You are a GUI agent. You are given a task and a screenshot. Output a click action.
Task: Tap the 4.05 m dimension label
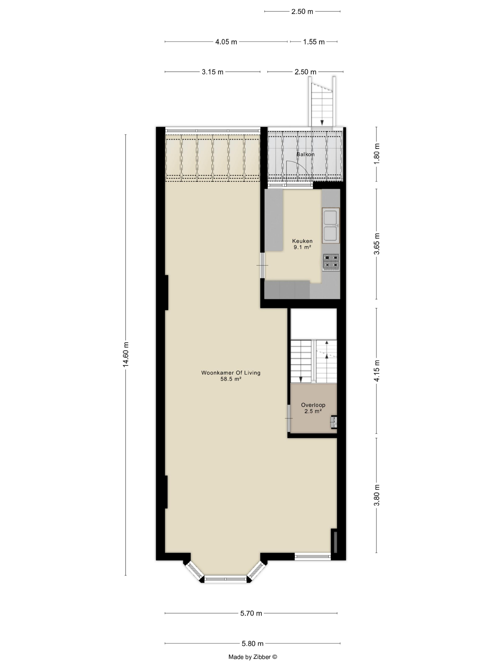click(x=226, y=42)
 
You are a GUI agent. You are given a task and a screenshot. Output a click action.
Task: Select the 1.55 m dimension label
click(x=314, y=42)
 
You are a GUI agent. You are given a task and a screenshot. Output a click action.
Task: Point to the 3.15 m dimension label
click(x=213, y=72)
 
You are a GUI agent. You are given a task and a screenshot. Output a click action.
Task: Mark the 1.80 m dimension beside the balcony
click(x=377, y=154)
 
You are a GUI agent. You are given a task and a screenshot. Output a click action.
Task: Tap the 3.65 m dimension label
click(x=377, y=244)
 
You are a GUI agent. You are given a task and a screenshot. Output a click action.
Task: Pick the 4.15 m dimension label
click(x=377, y=371)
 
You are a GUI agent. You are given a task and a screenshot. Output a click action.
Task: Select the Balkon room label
click(x=305, y=154)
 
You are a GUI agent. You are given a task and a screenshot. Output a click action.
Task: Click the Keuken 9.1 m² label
click(x=302, y=244)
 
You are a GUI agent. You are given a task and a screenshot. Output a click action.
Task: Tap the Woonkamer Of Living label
click(x=231, y=372)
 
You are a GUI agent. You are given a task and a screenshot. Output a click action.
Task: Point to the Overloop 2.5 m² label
click(x=313, y=408)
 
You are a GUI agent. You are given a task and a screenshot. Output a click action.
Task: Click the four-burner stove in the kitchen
click(x=331, y=262)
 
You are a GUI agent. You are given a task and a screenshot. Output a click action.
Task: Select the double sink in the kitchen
click(x=331, y=226)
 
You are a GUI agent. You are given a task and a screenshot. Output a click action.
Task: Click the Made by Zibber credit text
click(x=253, y=657)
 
